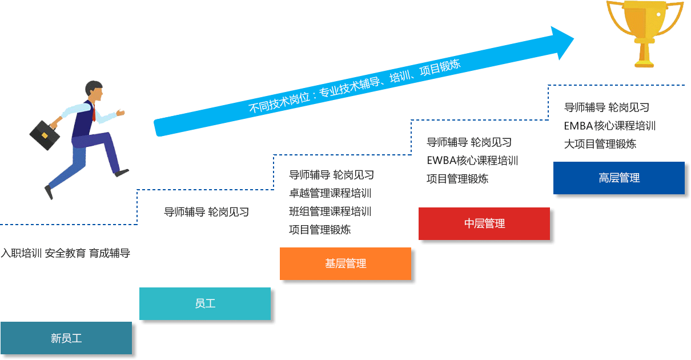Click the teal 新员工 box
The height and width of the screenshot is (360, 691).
[x=66, y=338]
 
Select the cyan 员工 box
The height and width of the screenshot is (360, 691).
[x=204, y=303]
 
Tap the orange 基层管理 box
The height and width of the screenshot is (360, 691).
[x=345, y=263]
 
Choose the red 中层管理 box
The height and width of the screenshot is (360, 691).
[x=484, y=223]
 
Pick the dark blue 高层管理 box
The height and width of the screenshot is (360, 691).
[x=618, y=178]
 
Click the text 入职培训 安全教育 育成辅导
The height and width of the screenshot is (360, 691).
[x=65, y=253]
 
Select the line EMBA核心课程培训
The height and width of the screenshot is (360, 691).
[x=609, y=126]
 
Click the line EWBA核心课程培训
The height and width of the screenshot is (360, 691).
[x=472, y=160]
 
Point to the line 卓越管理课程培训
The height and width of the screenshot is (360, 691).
[x=330, y=193]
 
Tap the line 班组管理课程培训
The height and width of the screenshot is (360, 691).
[x=330, y=211]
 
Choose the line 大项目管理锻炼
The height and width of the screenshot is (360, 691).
[x=600, y=144]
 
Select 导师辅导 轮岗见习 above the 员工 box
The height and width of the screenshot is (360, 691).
[x=206, y=212]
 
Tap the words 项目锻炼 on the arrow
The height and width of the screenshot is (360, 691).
[x=440, y=68]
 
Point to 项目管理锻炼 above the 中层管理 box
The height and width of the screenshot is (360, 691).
[x=457, y=178]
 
